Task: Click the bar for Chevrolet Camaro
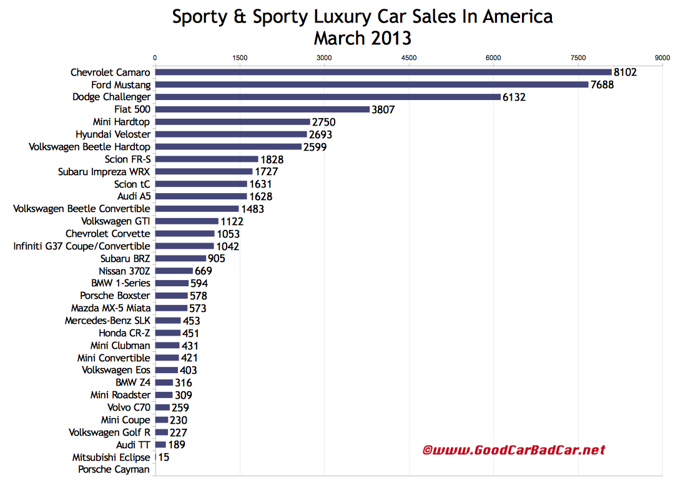[383, 72]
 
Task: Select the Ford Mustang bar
[371, 84]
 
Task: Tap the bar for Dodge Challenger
[328, 97]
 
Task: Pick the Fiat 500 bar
[262, 109]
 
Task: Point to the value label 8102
[625, 72]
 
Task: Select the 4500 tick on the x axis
[409, 57]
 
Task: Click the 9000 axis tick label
[662, 57]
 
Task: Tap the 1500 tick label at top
[239, 57]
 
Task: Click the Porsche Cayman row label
[114, 469]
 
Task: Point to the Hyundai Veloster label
[113, 134]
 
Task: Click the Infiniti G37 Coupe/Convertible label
[82, 246]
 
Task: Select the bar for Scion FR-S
[206, 159]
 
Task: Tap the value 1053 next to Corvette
[228, 234]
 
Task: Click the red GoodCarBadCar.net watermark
[514, 450]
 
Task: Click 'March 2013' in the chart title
[362, 38]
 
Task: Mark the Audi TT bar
[160, 444]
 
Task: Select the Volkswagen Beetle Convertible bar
[197, 209]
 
